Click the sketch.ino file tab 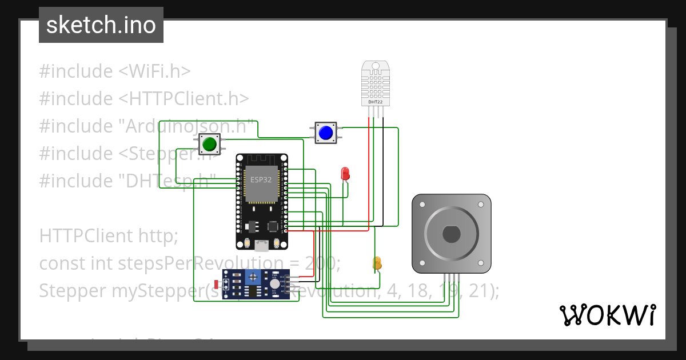[x=101, y=25]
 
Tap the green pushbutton [x=209, y=144]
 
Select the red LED [x=345, y=173]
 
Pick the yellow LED [x=377, y=263]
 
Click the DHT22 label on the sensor [x=376, y=102]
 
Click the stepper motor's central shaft [x=451, y=234]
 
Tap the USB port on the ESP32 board [x=262, y=246]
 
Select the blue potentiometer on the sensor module [x=252, y=277]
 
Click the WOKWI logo [x=607, y=315]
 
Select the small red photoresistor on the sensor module [x=216, y=284]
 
